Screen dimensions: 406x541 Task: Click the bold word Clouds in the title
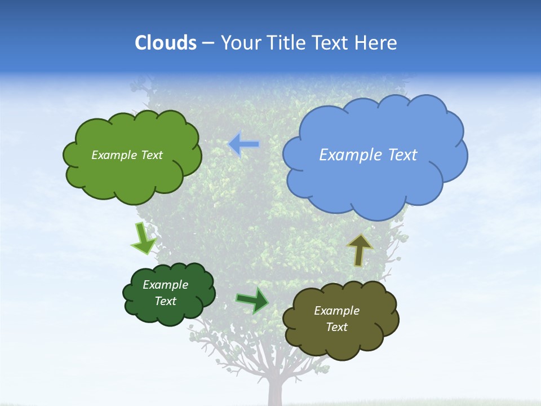pos(165,42)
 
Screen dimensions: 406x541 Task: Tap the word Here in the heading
pos(378,42)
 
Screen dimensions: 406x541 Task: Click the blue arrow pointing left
pos(244,144)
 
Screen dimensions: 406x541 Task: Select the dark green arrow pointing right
pos(252,299)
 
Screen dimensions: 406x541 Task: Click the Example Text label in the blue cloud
pos(368,155)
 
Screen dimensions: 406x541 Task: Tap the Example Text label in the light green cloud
pos(127,155)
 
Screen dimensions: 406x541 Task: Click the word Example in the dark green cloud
pos(165,285)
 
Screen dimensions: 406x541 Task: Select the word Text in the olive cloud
pos(336,327)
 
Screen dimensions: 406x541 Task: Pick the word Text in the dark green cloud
pos(165,301)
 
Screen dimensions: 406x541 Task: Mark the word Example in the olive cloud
pos(336,311)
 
